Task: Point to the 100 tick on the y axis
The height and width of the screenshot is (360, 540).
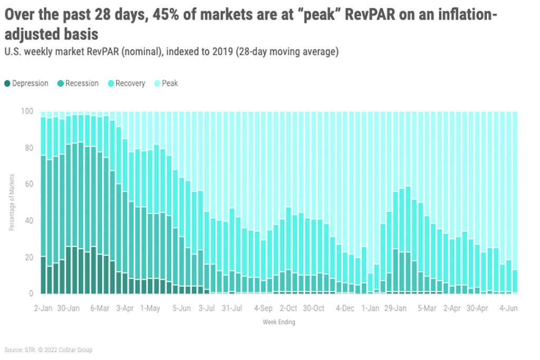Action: coord(26,111)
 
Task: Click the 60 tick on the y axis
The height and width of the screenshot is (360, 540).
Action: coord(28,184)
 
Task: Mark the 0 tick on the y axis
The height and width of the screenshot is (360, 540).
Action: coord(30,293)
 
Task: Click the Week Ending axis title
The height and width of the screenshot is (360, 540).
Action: coord(279,322)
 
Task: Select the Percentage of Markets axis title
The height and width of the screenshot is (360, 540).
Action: coord(12,202)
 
